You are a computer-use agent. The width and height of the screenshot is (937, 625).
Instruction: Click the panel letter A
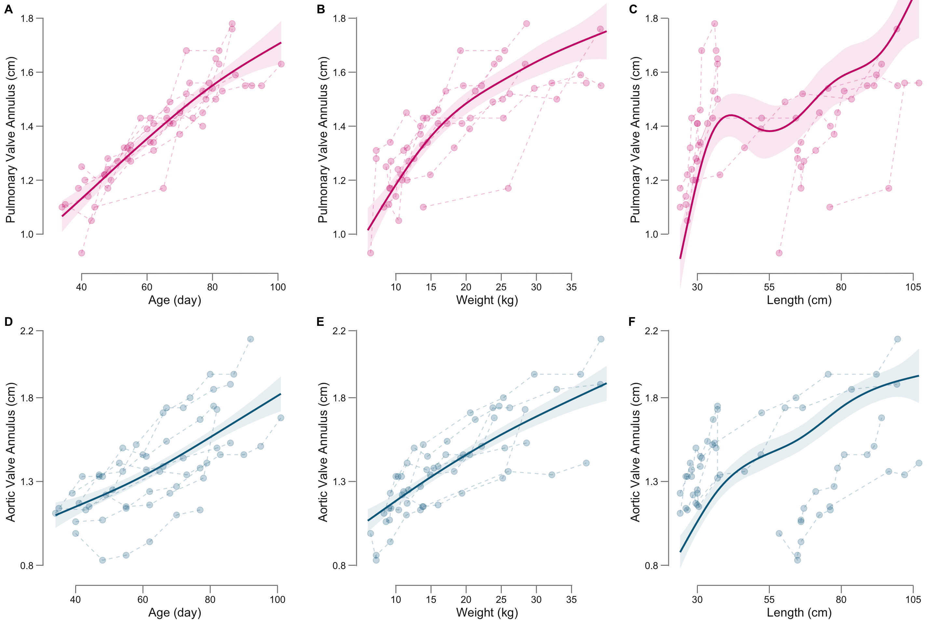pos(8,9)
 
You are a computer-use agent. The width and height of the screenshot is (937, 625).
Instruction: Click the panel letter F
pos(632,322)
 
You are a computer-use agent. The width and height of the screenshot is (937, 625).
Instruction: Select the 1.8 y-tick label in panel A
pos(27,18)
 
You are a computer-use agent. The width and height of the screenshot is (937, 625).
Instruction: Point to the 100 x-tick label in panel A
pos(277,287)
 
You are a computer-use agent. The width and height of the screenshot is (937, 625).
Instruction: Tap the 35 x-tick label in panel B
pos(571,287)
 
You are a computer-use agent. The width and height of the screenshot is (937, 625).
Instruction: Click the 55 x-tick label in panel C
pos(769,287)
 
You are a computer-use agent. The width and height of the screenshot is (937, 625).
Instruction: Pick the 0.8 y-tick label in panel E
pos(340,565)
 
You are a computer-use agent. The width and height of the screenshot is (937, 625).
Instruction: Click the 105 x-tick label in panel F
pos(913,600)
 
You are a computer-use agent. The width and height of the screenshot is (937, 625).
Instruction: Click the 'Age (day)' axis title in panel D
pos(174,613)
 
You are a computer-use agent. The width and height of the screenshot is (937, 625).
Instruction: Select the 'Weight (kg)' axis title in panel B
pos(487,300)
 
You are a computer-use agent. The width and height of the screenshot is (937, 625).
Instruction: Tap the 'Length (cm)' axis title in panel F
pos(799,613)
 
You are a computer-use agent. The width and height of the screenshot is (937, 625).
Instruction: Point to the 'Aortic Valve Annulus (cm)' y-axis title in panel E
pos(323,452)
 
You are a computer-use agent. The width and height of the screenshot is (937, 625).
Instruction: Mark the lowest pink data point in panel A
pos(81,253)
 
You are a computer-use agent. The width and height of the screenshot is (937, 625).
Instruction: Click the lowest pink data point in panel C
pos(779,253)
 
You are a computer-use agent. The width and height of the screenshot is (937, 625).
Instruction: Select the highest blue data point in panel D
pos(250,339)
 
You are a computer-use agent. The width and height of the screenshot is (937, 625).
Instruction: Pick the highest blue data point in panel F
pos(897,339)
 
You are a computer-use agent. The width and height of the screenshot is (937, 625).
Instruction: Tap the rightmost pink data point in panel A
pos(281,64)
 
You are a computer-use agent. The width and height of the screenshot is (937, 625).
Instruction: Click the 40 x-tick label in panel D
pos(75,600)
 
